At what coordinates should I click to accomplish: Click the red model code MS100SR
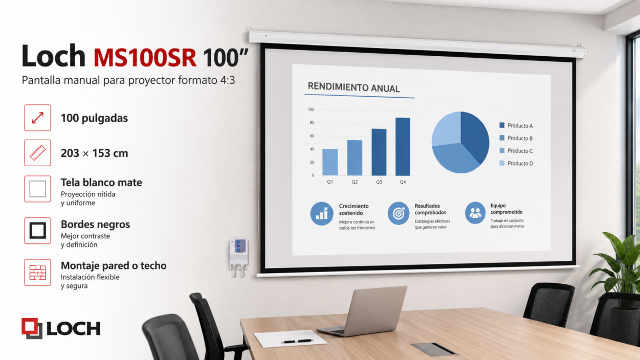pos(145,58)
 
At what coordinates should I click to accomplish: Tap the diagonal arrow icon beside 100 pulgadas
pos(38,118)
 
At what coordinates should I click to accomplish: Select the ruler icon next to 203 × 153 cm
pos(38,153)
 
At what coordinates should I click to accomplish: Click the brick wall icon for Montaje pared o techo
pos(38,273)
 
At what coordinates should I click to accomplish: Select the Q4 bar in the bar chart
pos(403,146)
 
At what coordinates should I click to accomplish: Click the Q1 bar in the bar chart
pos(330,162)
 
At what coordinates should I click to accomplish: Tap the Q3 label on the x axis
pos(379,182)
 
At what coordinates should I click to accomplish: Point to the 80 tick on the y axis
pos(312,123)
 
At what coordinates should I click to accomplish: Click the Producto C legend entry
pos(516,151)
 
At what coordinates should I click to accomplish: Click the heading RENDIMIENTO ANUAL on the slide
pos(354,87)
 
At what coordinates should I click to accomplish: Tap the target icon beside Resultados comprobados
pos(399,213)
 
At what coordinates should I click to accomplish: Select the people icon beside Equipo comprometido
pos(475,213)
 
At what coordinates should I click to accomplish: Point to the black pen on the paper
pos(297,341)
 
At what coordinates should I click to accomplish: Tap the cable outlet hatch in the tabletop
pos(434,349)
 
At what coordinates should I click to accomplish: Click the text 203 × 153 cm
pos(94,153)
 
